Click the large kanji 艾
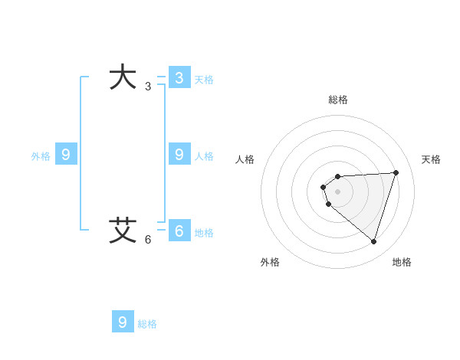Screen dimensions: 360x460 pyautogui.click(x=123, y=230)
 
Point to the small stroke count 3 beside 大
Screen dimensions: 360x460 pyautogui.click(x=148, y=87)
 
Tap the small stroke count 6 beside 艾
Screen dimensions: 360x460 pyautogui.click(x=148, y=240)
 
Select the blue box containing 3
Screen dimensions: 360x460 pyautogui.click(x=179, y=77)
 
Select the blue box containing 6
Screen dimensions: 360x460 pyautogui.click(x=179, y=231)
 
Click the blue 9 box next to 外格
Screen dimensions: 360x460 pyautogui.click(x=66, y=155)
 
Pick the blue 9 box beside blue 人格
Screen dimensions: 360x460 pyautogui.click(x=179, y=155)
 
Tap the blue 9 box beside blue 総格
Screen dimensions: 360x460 pyautogui.click(x=123, y=322)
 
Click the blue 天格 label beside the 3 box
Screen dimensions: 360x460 pyautogui.click(x=204, y=79)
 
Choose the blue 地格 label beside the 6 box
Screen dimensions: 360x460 pyautogui.click(x=204, y=233)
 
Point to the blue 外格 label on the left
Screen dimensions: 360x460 pyautogui.click(x=41, y=156)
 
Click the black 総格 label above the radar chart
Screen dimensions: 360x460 pyautogui.click(x=338, y=100)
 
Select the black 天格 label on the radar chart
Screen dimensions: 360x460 pyautogui.click(x=431, y=159)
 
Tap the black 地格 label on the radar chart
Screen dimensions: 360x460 pyautogui.click(x=402, y=262)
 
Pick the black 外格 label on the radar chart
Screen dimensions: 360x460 pyautogui.click(x=270, y=262)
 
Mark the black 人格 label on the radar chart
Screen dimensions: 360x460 pyautogui.click(x=245, y=159)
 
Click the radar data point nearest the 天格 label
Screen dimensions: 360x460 pyautogui.click(x=396, y=172)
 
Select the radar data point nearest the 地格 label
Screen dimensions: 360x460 pyautogui.click(x=373, y=241)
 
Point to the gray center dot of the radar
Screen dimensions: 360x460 pyautogui.click(x=337, y=191)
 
